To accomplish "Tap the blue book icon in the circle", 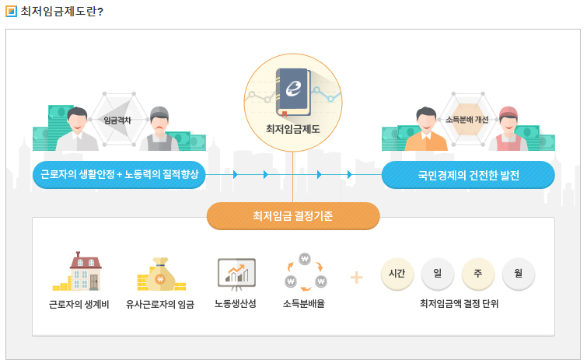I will pos(293,93).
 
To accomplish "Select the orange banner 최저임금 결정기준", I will pos(293,216).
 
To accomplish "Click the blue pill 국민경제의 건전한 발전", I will pos(468,175).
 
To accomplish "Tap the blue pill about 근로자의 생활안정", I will pos(119,175).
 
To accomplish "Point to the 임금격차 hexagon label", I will pos(118,120).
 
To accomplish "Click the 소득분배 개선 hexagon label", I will pos(467,120).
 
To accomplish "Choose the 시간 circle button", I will pos(397,273).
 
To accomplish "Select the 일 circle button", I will pos(437,273).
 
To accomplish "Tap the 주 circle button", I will pos(477,273).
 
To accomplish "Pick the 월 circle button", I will pos(518,273).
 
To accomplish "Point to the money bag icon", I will pos(160,273).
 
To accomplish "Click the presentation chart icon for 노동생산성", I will pos(236,272).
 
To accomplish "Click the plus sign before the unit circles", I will pos(356,277).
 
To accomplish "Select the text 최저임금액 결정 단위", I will pos(459,303).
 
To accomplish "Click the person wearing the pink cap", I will pos(509,129).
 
